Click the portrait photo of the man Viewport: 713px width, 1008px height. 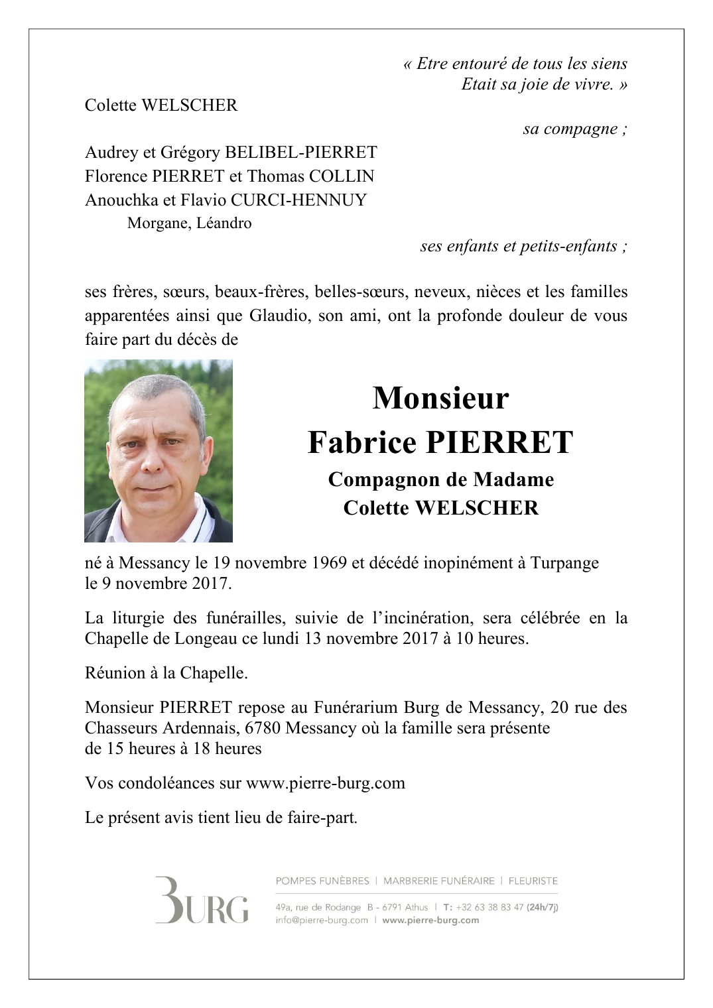(x=159, y=451)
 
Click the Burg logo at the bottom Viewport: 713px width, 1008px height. (x=202, y=901)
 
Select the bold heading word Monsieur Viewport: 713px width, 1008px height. (x=440, y=398)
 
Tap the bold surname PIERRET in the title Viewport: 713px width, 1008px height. (x=499, y=442)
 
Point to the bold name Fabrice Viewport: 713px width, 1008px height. (x=361, y=442)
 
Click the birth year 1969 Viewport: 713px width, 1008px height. (x=326, y=563)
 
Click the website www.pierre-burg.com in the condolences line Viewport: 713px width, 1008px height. (x=325, y=783)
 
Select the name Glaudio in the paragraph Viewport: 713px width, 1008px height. (x=279, y=316)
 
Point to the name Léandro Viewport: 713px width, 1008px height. (x=224, y=223)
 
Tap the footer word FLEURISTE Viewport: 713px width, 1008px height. (x=533, y=881)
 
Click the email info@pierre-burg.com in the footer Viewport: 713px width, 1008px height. (x=322, y=920)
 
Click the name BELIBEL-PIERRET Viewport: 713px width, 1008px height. (x=301, y=153)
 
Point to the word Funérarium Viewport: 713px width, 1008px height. (x=356, y=708)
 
